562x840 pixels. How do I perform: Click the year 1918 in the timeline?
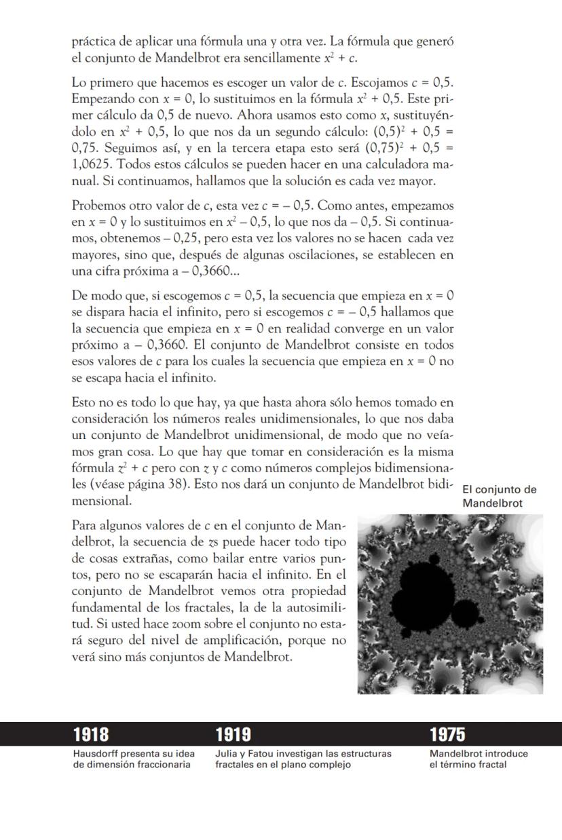click(91, 734)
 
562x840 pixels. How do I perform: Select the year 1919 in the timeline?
click(233, 734)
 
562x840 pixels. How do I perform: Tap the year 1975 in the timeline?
click(447, 734)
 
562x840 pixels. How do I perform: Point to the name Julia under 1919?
click(226, 753)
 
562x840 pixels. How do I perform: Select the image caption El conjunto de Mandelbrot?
click(499, 497)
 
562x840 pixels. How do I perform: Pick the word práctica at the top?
click(94, 42)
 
